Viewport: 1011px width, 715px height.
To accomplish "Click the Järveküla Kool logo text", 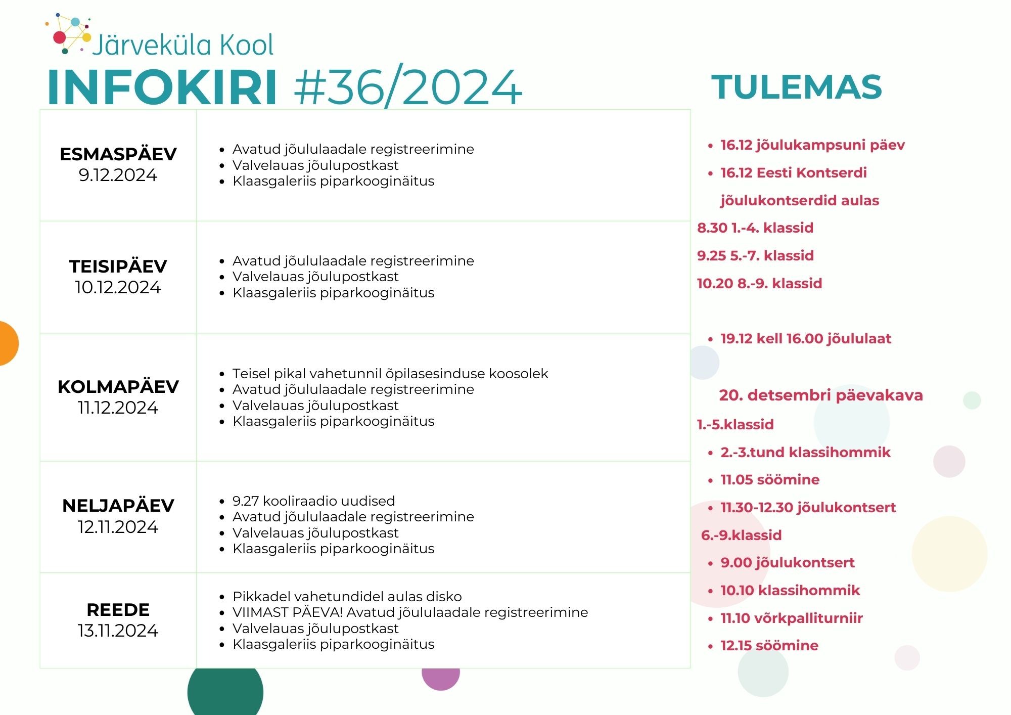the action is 183,44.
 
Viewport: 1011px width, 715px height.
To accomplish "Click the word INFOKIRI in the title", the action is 162,87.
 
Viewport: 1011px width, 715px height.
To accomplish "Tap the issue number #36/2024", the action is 408,86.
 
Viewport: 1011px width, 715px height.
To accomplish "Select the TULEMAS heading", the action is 797,87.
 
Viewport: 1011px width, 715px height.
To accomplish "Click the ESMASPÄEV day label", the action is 118,154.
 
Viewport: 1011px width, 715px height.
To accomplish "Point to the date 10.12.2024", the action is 118,287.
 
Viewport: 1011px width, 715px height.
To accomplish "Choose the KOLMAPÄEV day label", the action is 118,386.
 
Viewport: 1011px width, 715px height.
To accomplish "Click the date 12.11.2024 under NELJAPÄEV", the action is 118,527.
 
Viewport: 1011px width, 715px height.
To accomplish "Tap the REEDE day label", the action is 118,609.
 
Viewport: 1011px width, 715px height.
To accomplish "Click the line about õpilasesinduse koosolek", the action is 390,374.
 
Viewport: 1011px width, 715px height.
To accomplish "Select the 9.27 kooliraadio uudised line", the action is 314,501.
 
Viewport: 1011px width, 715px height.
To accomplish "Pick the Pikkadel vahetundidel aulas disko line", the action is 347,597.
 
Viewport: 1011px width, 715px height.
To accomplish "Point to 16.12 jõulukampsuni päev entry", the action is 812,145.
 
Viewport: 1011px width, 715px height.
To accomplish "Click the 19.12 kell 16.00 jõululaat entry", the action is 806,339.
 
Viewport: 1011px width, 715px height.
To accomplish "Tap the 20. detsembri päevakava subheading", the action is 821,395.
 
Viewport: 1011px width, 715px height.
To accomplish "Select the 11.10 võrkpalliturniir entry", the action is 792,618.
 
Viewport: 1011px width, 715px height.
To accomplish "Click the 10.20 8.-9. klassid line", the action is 759,283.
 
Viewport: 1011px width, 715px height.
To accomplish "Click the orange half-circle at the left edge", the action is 9,343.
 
